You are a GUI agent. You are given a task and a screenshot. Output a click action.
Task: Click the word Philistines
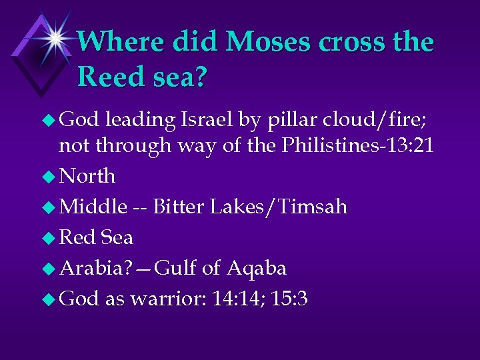tap(324, 146)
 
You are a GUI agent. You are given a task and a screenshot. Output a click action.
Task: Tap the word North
tap(87, 177)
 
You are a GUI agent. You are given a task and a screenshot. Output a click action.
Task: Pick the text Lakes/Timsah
tap(279, 207)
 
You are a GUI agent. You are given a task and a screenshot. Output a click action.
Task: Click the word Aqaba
tap(257, 269)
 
